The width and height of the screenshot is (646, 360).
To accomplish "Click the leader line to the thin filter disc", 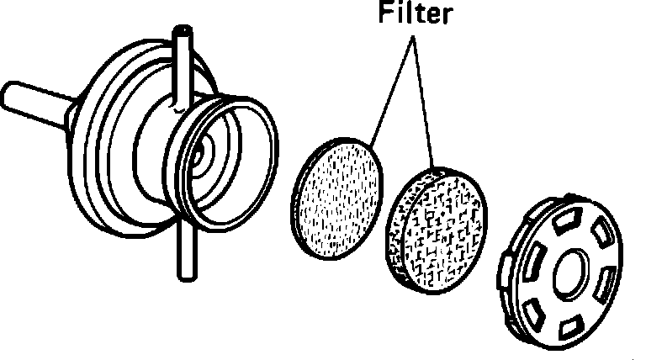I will point(389,92).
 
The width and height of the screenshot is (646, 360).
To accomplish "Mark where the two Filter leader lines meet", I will point(411,42).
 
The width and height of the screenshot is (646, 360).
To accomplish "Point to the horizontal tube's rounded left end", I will point(10,94).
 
